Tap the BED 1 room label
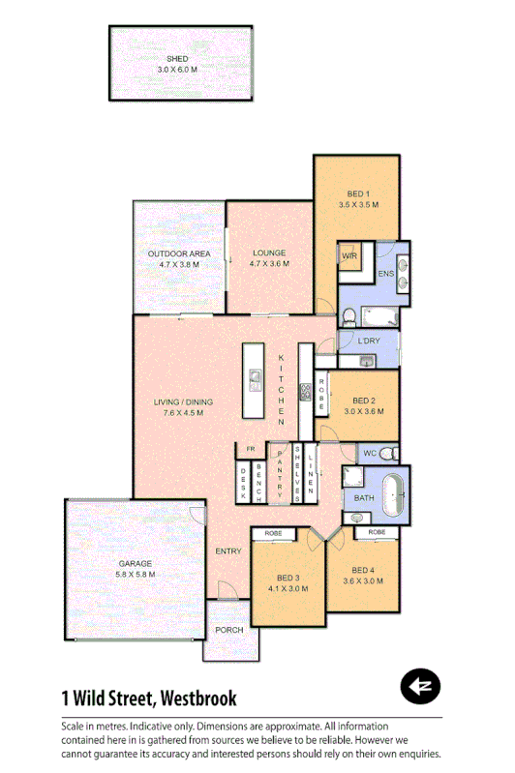[359, 193]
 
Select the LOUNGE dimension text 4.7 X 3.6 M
[269, 264]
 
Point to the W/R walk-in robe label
[349, 255]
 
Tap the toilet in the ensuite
[348, 314]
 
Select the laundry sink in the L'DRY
[367, 362]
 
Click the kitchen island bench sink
[255, 377]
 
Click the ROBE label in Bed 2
[320, 393]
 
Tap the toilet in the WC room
[387, 453]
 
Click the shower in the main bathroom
[350, 481]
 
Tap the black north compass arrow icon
[420, 686]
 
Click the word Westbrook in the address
[197, 698]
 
